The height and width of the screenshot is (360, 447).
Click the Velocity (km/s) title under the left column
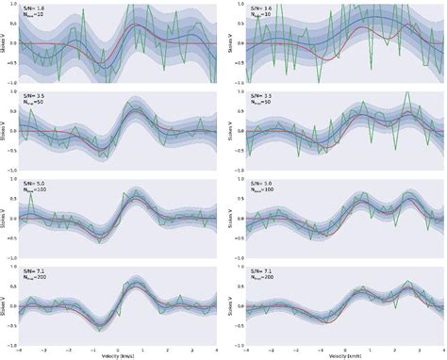[x=118, y=356]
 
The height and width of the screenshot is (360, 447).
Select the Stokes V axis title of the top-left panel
[x=4, y=42]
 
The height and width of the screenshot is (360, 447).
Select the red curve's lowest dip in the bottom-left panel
[x=101, y=323]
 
